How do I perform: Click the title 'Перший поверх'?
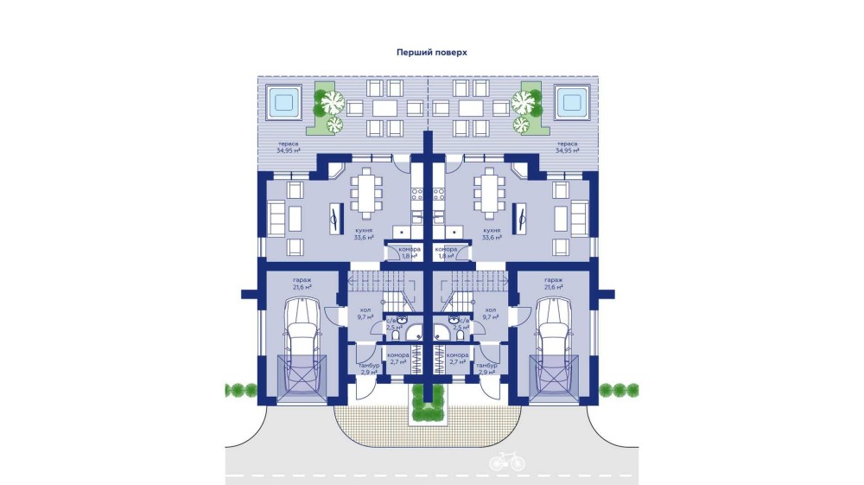click(431, 52)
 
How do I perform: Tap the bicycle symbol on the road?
click(506, 462)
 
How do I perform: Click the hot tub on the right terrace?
click(571, 102)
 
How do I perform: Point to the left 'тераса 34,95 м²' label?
click(289, 147)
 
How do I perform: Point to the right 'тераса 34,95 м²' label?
click(567, 147)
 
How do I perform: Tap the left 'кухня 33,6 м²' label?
click(364, 234)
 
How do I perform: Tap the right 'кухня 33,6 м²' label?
click(492, 234)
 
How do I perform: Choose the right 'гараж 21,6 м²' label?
click(553, 284)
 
